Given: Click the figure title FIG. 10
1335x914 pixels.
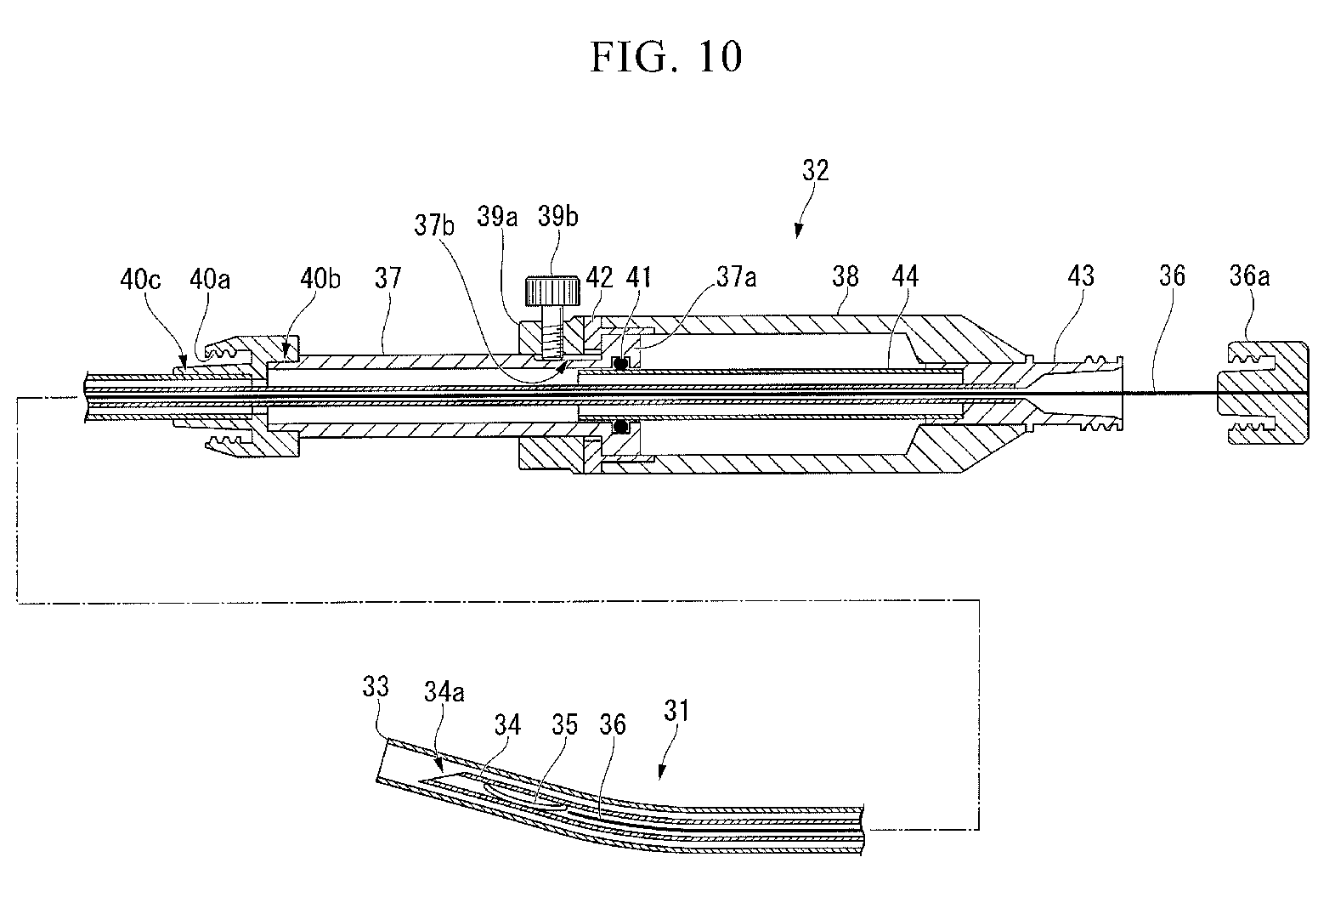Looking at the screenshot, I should point(667,56).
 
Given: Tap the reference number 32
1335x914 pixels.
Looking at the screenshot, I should point(814,171).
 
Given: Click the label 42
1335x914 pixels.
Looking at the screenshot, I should point(601,277).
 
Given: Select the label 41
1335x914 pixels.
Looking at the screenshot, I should point(638,277).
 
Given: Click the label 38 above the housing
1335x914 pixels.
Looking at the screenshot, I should point(846,276).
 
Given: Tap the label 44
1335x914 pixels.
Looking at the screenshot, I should point(907,276).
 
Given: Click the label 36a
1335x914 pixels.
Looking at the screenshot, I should point(1249,276).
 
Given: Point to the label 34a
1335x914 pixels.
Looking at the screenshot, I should point(444,693).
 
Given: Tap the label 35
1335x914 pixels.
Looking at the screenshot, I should point(564,724).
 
